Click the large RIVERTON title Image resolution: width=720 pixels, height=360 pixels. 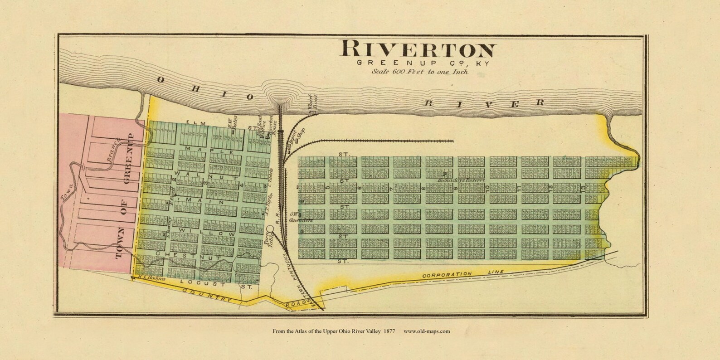(x=418, y=49)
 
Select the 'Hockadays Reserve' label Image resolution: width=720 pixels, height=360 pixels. (x=455, y=180)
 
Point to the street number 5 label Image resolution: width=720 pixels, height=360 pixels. (x=327, y=188)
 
